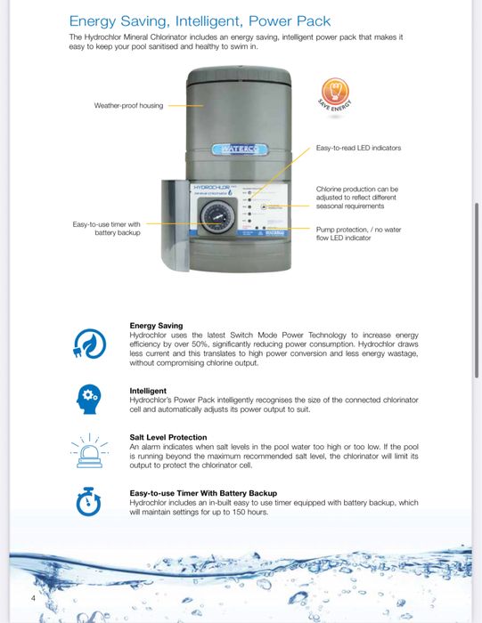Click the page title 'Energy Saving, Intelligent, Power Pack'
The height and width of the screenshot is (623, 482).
point(200,20)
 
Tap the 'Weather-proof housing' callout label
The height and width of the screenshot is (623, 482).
point(128,106)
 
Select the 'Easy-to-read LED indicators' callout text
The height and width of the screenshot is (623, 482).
point(358,148)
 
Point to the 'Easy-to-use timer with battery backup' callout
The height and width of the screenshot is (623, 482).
point(106,228)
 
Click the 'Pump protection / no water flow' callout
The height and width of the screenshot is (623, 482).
point(358,232)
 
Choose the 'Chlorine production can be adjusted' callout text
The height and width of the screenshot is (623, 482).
point(357,197)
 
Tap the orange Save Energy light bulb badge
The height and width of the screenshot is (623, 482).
point(336,92)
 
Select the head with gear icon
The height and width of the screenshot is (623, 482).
point(88,397)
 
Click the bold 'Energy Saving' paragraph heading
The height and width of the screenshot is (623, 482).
point(156,326)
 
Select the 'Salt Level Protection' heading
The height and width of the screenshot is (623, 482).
point(168,437)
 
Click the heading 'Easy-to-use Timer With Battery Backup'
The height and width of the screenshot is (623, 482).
point(203,493)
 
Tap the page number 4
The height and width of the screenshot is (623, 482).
point(33,597)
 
